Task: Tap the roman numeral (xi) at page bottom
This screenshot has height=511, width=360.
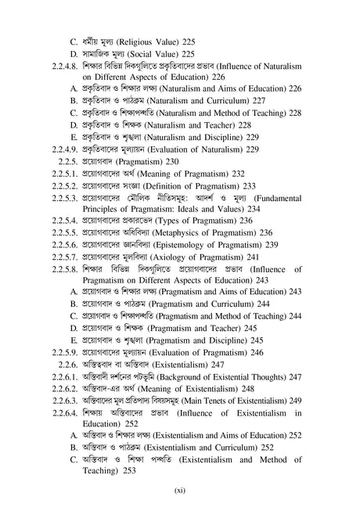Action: coord(179,491)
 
